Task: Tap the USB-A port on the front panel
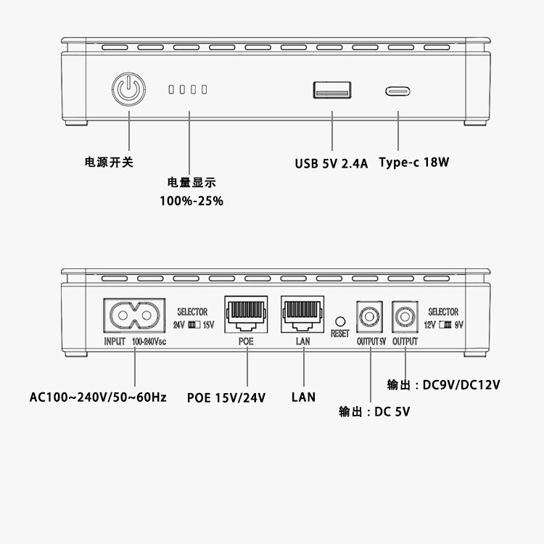[x=333, y=90]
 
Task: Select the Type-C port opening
[x=398, y=92]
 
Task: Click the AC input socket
[x=135, y=316]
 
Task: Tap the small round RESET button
[x=339, y=320]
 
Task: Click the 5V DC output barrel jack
[x=369, y=317]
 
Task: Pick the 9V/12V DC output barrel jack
[x=404, y=317]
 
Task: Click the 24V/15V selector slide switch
[x=194, y=324]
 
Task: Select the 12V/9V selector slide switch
[x=445, y=324]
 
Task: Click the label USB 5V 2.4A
[x=331, y=163]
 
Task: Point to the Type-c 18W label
[x=414, y=162]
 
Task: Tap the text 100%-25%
[x=191, y=200]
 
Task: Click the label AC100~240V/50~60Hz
[x=98, y=397]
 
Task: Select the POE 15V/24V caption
[x=226, y=397]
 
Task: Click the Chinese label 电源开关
[x=110, y=162]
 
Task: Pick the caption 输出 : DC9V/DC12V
[x=444, y=383]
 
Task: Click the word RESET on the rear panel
[x=339, y=334]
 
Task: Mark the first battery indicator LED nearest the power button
[x=172, y=90]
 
